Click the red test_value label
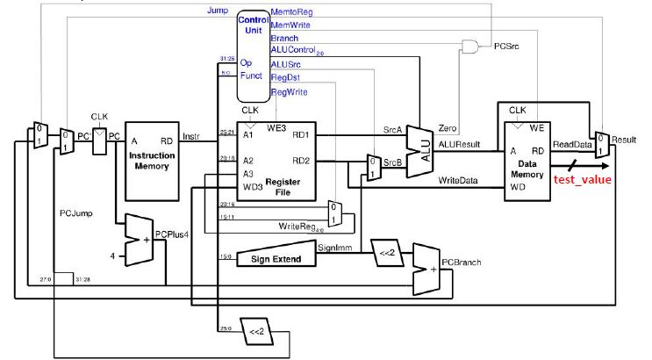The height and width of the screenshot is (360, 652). click(582, 180)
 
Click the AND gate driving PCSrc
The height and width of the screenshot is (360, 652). click(473, 45)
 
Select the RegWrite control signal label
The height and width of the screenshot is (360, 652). click(289, 92)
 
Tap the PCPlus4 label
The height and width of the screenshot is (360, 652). click(173, 234)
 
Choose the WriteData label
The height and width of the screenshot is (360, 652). click(458, 181)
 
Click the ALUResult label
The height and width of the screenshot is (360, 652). click(459, 143)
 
